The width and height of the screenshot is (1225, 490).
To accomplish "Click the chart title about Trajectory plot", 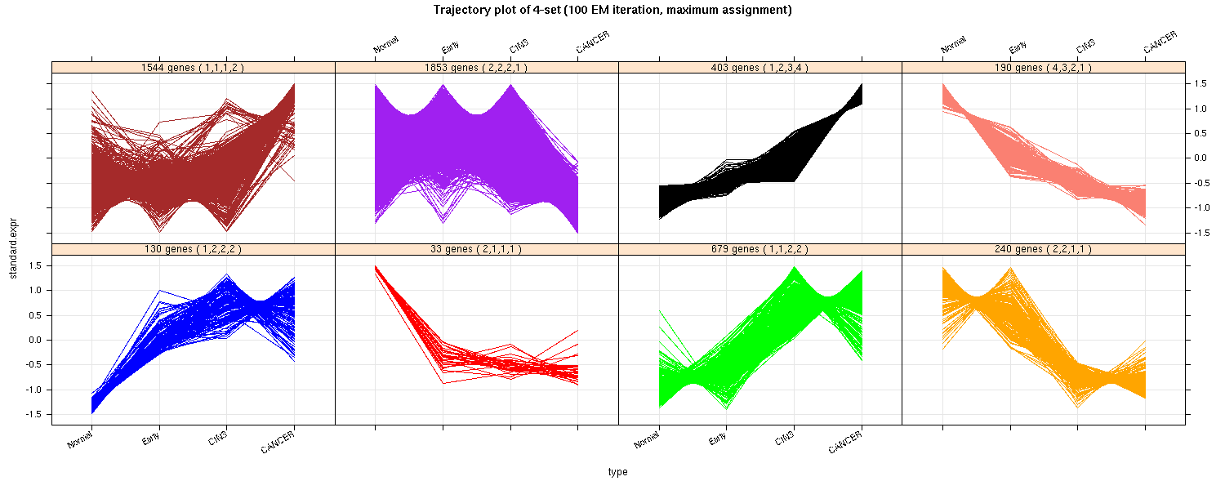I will point(612,10).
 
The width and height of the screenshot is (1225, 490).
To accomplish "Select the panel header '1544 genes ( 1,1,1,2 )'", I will point(193,68).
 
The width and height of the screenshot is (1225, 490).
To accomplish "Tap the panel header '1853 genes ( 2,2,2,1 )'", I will point(476,68).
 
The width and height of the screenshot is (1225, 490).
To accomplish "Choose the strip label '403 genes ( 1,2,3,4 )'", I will point(760,68).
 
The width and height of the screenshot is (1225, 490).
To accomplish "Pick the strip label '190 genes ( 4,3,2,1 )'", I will point(1044,68).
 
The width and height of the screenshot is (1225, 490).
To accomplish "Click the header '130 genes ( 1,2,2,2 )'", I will point(193,249).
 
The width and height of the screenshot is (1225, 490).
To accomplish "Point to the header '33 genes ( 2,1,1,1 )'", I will point(476,249).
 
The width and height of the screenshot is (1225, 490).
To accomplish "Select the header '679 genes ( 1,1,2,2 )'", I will point(760,249).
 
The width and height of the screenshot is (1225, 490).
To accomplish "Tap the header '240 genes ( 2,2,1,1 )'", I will point(1044,249).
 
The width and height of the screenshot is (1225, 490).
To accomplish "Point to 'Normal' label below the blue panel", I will point(80,441).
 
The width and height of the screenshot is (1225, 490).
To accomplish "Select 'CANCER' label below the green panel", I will point(845,443).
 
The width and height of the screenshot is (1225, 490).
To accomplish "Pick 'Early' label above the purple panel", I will point(450,47).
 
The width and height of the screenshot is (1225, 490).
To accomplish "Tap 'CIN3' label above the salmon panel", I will point(1085,46).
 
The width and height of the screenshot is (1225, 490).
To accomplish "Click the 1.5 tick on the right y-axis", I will point(1202,83).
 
